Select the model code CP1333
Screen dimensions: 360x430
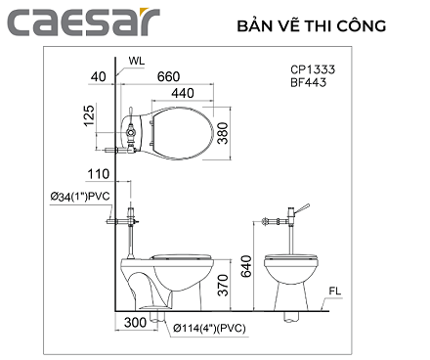[310, 69]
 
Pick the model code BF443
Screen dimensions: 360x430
[306, 83]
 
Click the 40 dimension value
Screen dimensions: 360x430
[97, 74]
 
